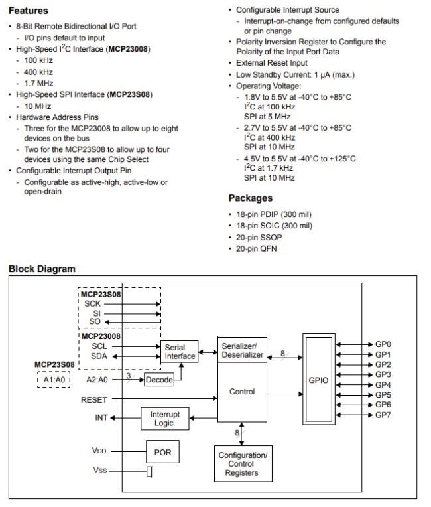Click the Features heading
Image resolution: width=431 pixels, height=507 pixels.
[28, 11]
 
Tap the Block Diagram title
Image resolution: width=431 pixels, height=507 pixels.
[42, 269]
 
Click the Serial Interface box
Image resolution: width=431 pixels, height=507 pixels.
[180, 351]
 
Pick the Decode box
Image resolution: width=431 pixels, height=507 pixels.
[158, 380]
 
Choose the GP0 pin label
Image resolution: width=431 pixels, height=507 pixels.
[383, 345]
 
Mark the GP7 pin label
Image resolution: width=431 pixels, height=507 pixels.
[383, 415]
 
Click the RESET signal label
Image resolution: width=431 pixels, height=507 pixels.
[93, 399]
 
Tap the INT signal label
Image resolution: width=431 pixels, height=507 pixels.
[100, 418]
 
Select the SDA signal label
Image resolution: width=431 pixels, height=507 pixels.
[101, 356]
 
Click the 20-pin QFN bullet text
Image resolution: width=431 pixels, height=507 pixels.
[258, 248]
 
